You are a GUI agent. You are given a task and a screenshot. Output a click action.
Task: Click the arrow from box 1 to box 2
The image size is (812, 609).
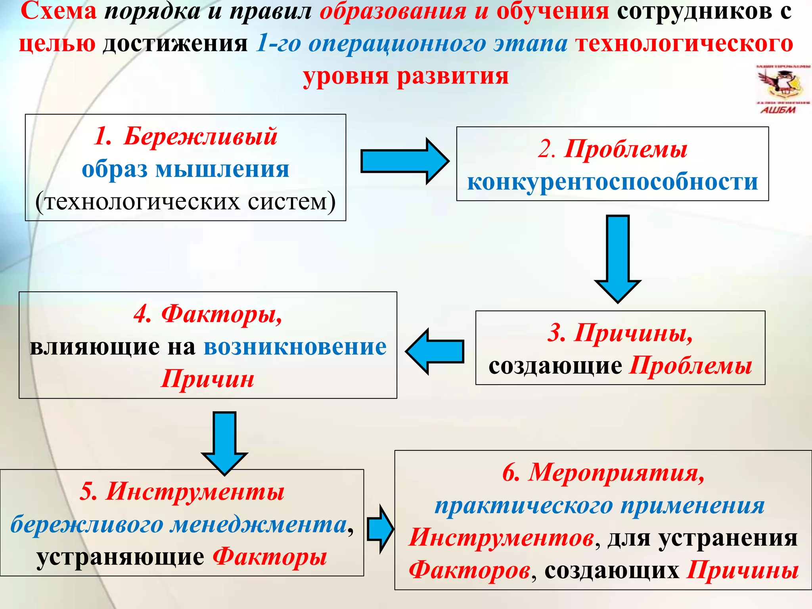click(404, 161)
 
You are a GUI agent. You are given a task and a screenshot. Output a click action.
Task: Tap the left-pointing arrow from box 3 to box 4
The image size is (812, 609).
click(435, 351)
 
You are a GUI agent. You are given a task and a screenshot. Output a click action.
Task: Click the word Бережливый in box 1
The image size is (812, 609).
click(200, 137)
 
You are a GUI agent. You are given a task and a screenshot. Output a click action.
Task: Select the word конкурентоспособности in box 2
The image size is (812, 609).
click(613, 182)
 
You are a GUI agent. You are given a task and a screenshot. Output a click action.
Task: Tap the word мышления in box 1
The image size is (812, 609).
click(222, 169)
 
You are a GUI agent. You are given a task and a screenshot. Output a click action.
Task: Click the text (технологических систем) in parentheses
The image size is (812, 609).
click(186, 202)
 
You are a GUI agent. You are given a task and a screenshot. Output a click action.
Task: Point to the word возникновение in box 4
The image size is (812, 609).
click(295, 347)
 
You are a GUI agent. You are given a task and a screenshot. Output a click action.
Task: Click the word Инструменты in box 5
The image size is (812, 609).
click(195, 492)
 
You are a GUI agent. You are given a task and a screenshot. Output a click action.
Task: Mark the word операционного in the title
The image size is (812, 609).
click(396, 44)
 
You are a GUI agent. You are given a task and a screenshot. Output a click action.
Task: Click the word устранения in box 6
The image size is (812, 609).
click(728, 538)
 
